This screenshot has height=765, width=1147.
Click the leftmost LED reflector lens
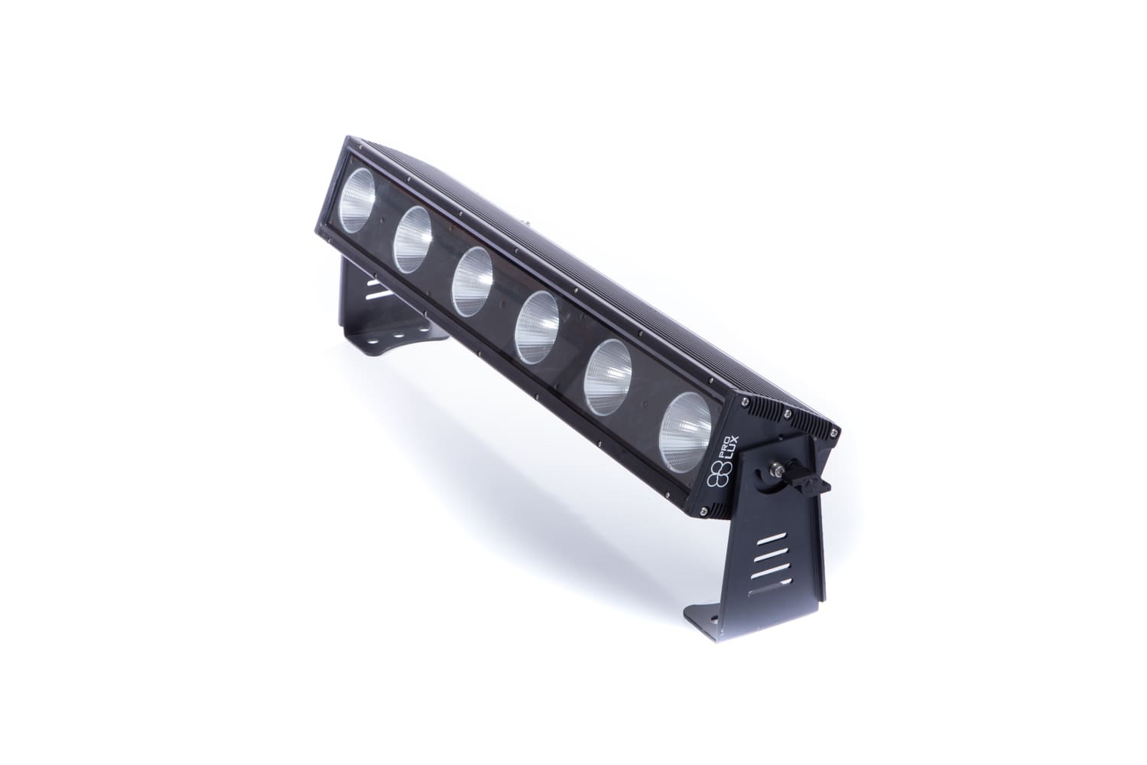click(x=359, y=200)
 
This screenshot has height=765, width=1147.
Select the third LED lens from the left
click(x=472, y=282)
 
